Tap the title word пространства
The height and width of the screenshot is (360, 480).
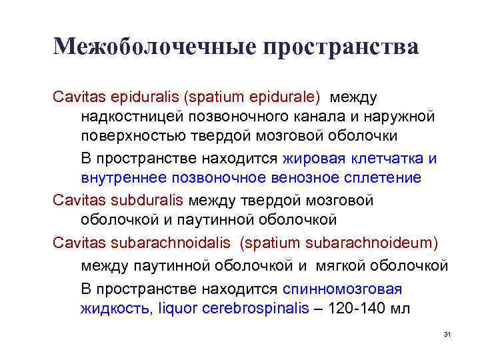[x=341, y=47]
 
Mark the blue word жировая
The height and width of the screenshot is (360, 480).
[x=313, y=159]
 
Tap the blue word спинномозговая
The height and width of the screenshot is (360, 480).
[x=343, y=289]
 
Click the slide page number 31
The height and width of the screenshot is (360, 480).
[x=447, y=333]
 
